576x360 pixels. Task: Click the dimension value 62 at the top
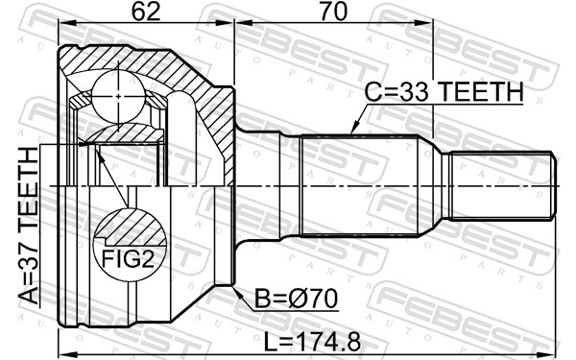pyautogui.click(x=146, y=12)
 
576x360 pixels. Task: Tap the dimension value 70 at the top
pyautogui.click(x=333, y=12)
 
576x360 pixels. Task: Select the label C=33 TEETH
pyautogui.click(x=444, y=92)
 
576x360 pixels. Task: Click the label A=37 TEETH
pyautogui.click(x=29, y=226)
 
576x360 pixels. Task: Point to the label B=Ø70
pyautogui.click(x=296, y=299)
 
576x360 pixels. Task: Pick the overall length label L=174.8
pyautogui.click(x=313, y=343)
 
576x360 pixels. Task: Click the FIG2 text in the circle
pyautogui.click(x=128, y=258)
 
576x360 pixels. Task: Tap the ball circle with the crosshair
pyautogui.click(x=118, y=97)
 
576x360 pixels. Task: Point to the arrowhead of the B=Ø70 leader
pyautogui.click(x=235, y=290)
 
